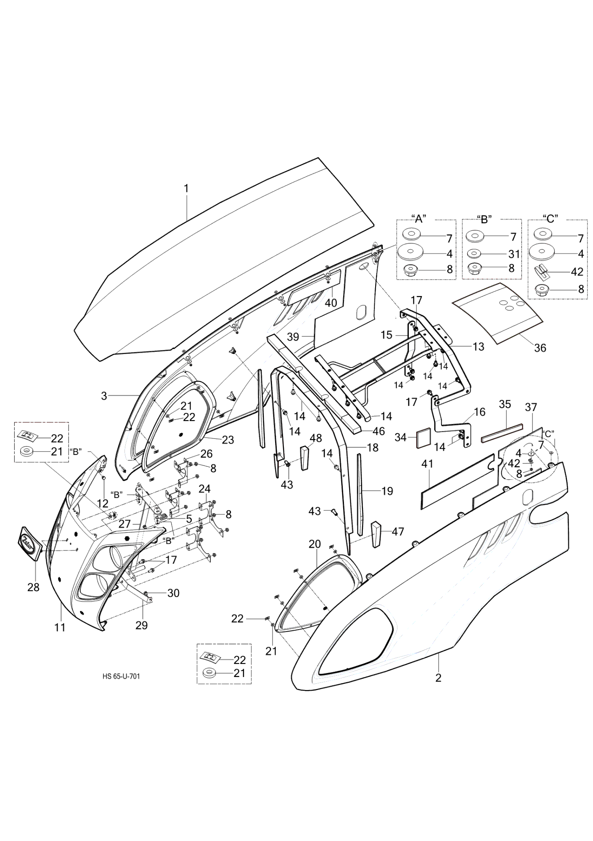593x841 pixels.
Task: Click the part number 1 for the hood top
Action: (x=186, y=188)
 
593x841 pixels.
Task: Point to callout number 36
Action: (x=540, y=348)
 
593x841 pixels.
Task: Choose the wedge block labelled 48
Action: (x=305, y=459)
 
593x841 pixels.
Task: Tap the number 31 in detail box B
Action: (x=514, y=254)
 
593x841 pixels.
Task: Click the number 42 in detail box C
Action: (x=577, y=272)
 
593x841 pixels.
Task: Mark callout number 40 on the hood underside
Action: (x=331, y=302)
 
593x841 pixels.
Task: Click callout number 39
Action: (x=294, y=337)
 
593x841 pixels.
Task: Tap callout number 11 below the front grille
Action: (x=60, y=639)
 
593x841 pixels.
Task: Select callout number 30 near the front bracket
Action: (x=173, y=593)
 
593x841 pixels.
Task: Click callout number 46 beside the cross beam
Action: (x=379, y=431)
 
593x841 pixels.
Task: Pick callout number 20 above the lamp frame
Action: (x=315, y=544)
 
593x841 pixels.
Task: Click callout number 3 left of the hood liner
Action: (x=104, y=396)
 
